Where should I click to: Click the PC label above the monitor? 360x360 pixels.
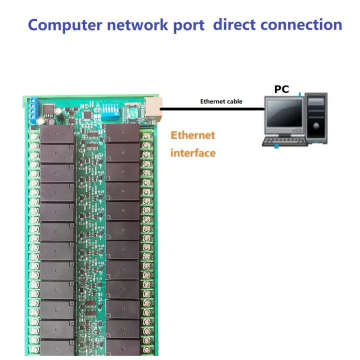[281, 89]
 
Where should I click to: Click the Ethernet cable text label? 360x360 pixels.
[221, 101]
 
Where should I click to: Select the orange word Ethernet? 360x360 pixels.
[192, 135]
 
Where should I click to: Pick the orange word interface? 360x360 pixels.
[192, 152]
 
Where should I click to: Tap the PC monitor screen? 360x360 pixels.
[284, 113]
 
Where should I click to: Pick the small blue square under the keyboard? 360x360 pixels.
[276, 146]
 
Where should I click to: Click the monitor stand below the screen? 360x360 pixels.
[283, 131]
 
